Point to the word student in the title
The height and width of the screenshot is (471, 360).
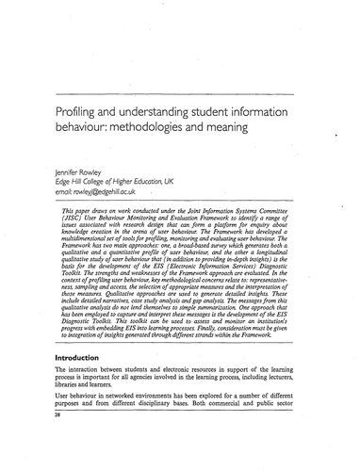click(221, 110)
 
